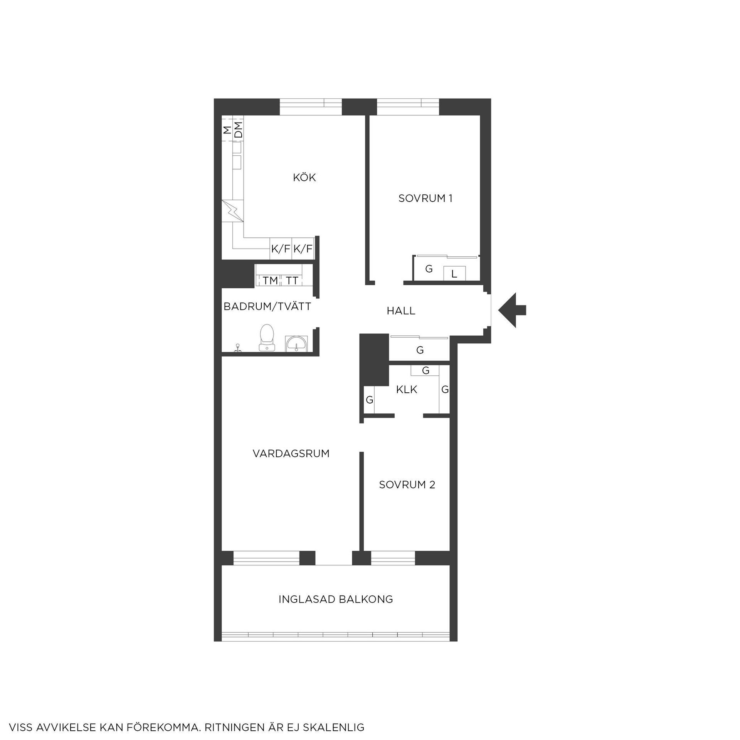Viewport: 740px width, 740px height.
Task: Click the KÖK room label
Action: click(x=304, y=177)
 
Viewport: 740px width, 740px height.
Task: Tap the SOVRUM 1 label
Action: click(x=425, y=198)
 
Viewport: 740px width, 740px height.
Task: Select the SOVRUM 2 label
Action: click(x=407, y=484)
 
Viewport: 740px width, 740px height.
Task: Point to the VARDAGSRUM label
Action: click(x=291, y=453)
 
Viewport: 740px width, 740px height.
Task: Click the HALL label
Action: click(x=401, y=311)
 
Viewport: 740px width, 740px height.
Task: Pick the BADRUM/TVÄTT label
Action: click(x=267, y=306)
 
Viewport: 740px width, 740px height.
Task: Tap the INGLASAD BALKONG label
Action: click(x=336, y=599)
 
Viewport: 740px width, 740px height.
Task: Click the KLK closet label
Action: click(x=407, y=389)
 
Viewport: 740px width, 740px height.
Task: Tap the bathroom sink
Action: click(x=296, y=344)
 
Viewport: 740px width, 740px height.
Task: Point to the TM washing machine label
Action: click(x=271, y=281)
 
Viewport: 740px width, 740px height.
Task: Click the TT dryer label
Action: click(x=292, y=281)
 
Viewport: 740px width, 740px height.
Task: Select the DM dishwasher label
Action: click(x=239, y=130)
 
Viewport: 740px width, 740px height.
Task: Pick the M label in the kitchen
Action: click(x=227, y=130)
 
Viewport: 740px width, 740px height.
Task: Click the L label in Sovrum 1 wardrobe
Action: click(x=454, y=274)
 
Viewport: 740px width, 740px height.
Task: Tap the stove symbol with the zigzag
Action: click(x=233, y=211)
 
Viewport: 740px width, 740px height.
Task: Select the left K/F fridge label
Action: click(x=280, y=249)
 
